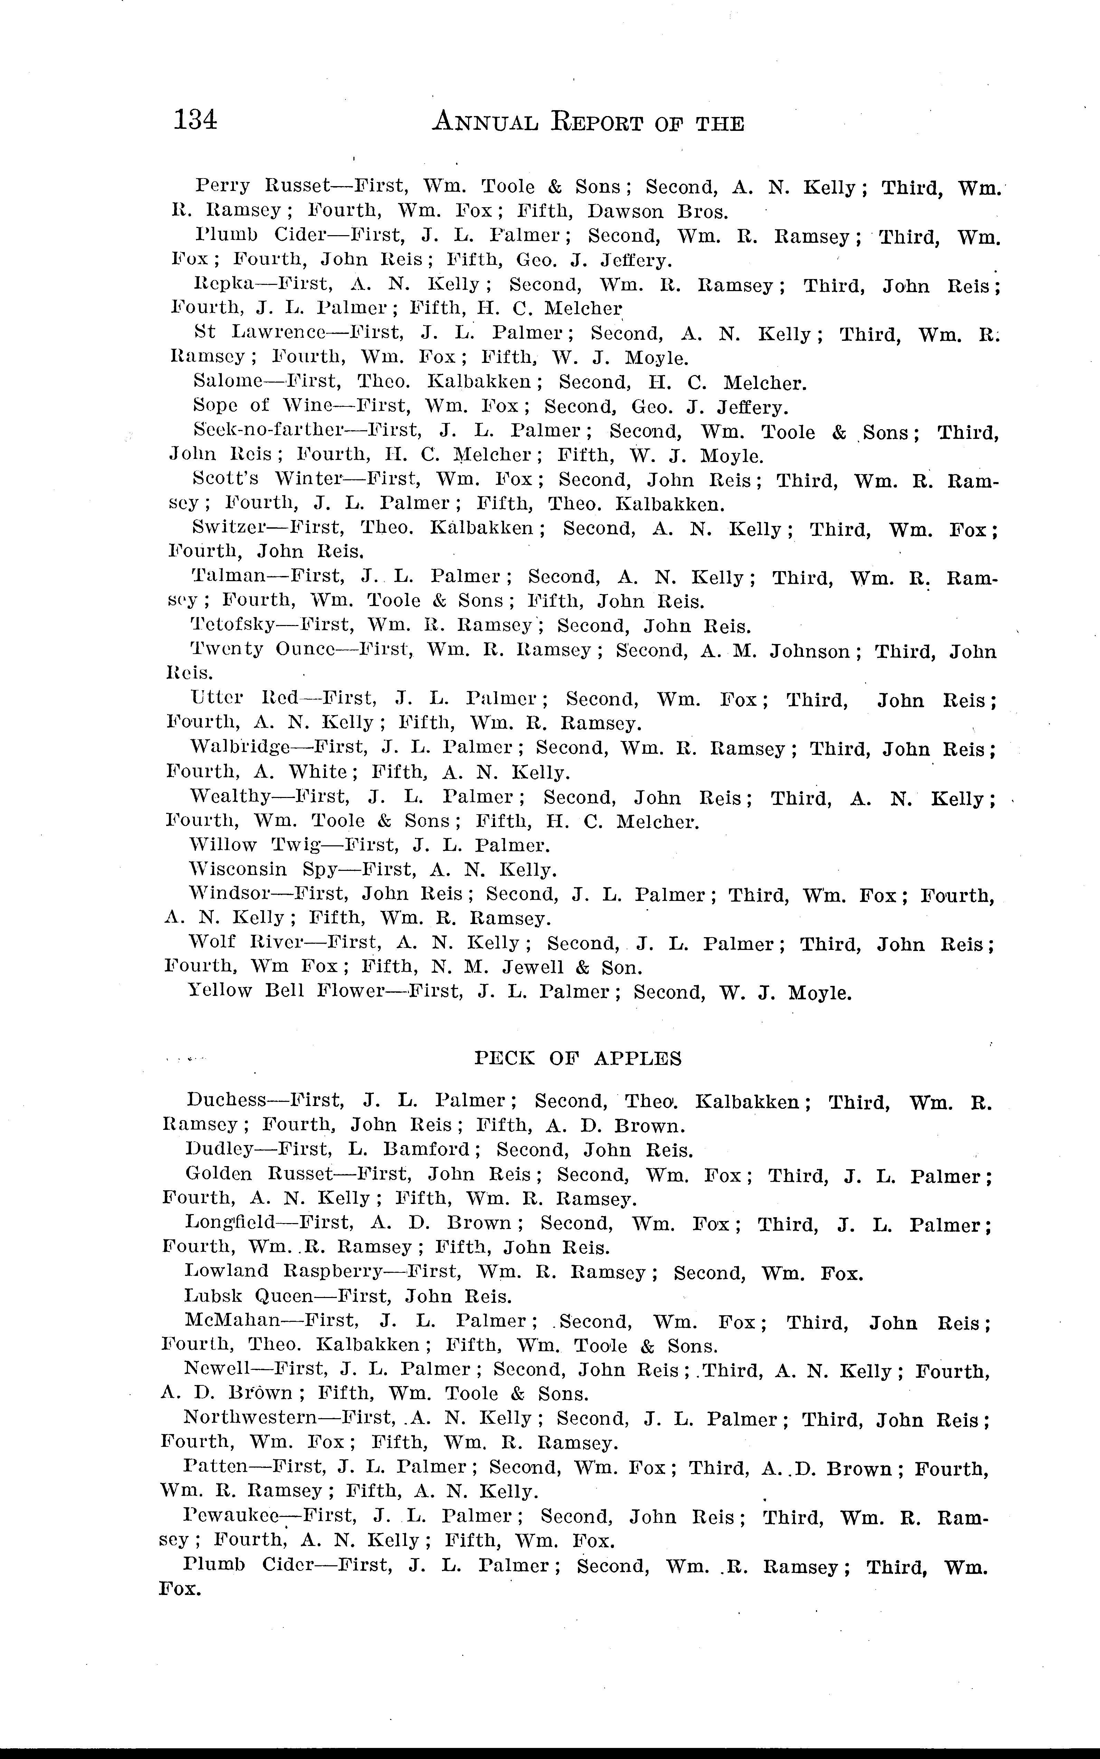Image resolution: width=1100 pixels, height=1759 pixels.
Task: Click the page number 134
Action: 195,119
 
